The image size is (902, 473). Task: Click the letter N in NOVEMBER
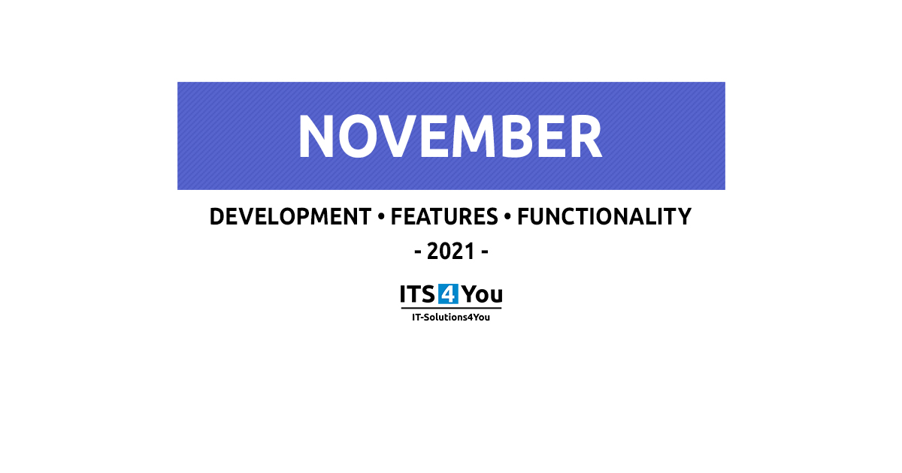(316, 137)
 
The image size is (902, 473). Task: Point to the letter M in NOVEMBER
(473, 137)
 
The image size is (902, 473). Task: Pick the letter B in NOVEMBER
(517, 137)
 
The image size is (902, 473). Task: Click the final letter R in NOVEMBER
(586, 137)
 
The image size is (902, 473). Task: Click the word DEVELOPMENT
(290, 217)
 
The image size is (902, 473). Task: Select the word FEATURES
(444, 217)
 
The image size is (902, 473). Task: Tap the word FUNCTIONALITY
(604, 217)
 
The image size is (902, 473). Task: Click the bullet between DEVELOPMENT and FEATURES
(381, 217)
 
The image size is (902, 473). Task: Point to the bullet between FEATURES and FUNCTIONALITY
(507, 217)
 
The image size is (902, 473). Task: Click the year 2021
(450, 252)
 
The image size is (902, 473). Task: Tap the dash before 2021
(418, 253)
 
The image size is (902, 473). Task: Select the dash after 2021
(485, 253)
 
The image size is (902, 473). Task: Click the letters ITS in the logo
(417, 294)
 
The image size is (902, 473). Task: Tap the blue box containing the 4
(448, 294)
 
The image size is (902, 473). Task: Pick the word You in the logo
(482, 294)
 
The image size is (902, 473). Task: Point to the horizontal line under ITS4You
(451, 309)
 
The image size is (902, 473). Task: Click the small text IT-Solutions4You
(451, 318)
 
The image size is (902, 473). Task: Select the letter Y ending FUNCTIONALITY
(683, 217)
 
